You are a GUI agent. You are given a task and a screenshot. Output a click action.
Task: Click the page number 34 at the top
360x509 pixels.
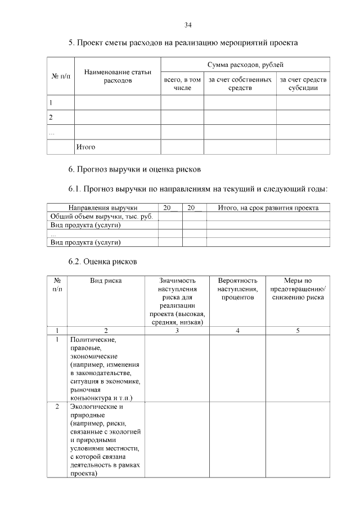tap(188, 25)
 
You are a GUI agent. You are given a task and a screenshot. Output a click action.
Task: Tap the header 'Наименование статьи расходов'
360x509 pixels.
tap(118, 76)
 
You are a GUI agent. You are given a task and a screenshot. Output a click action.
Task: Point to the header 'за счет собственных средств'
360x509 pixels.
tap(240, 84)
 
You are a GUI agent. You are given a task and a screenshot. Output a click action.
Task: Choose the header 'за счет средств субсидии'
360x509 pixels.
tap(303, 84)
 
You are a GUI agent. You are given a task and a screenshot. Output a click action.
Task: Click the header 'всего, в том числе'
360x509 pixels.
tap(182, 84)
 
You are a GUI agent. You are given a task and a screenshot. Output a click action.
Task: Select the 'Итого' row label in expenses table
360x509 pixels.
tap(85, 147)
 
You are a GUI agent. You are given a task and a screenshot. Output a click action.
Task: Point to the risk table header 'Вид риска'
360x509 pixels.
tap(106, 280)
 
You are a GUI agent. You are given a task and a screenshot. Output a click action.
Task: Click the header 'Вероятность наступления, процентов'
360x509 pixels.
tap(237, 289)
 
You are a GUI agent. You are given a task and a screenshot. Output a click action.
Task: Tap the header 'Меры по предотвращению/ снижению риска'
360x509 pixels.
tap(298, 289)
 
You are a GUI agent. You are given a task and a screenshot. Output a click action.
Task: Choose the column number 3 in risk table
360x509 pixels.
tap(177, 331)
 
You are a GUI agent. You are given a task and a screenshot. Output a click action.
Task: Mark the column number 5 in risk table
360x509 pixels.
tap(298, 331)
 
